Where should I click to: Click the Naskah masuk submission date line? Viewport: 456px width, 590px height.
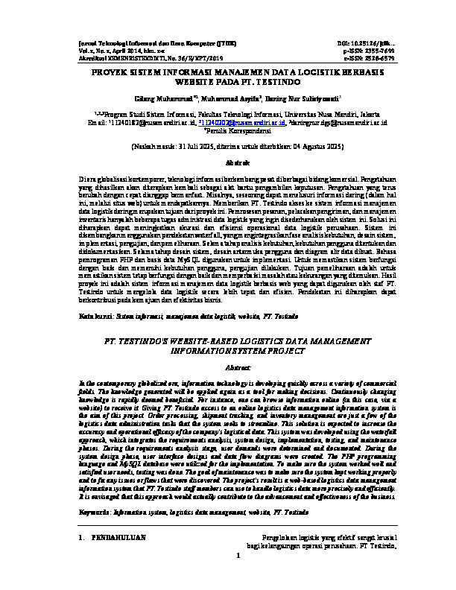[228, 147]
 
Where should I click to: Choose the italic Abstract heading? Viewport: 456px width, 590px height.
[228, 367]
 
